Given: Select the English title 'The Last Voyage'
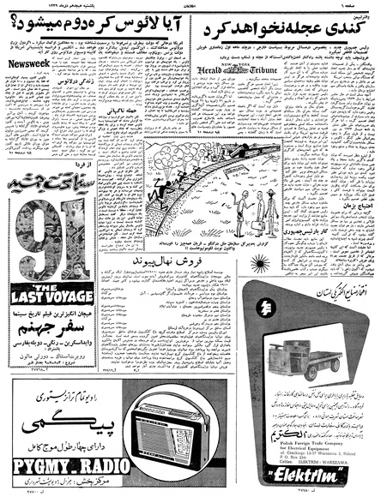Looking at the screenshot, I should click(50, 293).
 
